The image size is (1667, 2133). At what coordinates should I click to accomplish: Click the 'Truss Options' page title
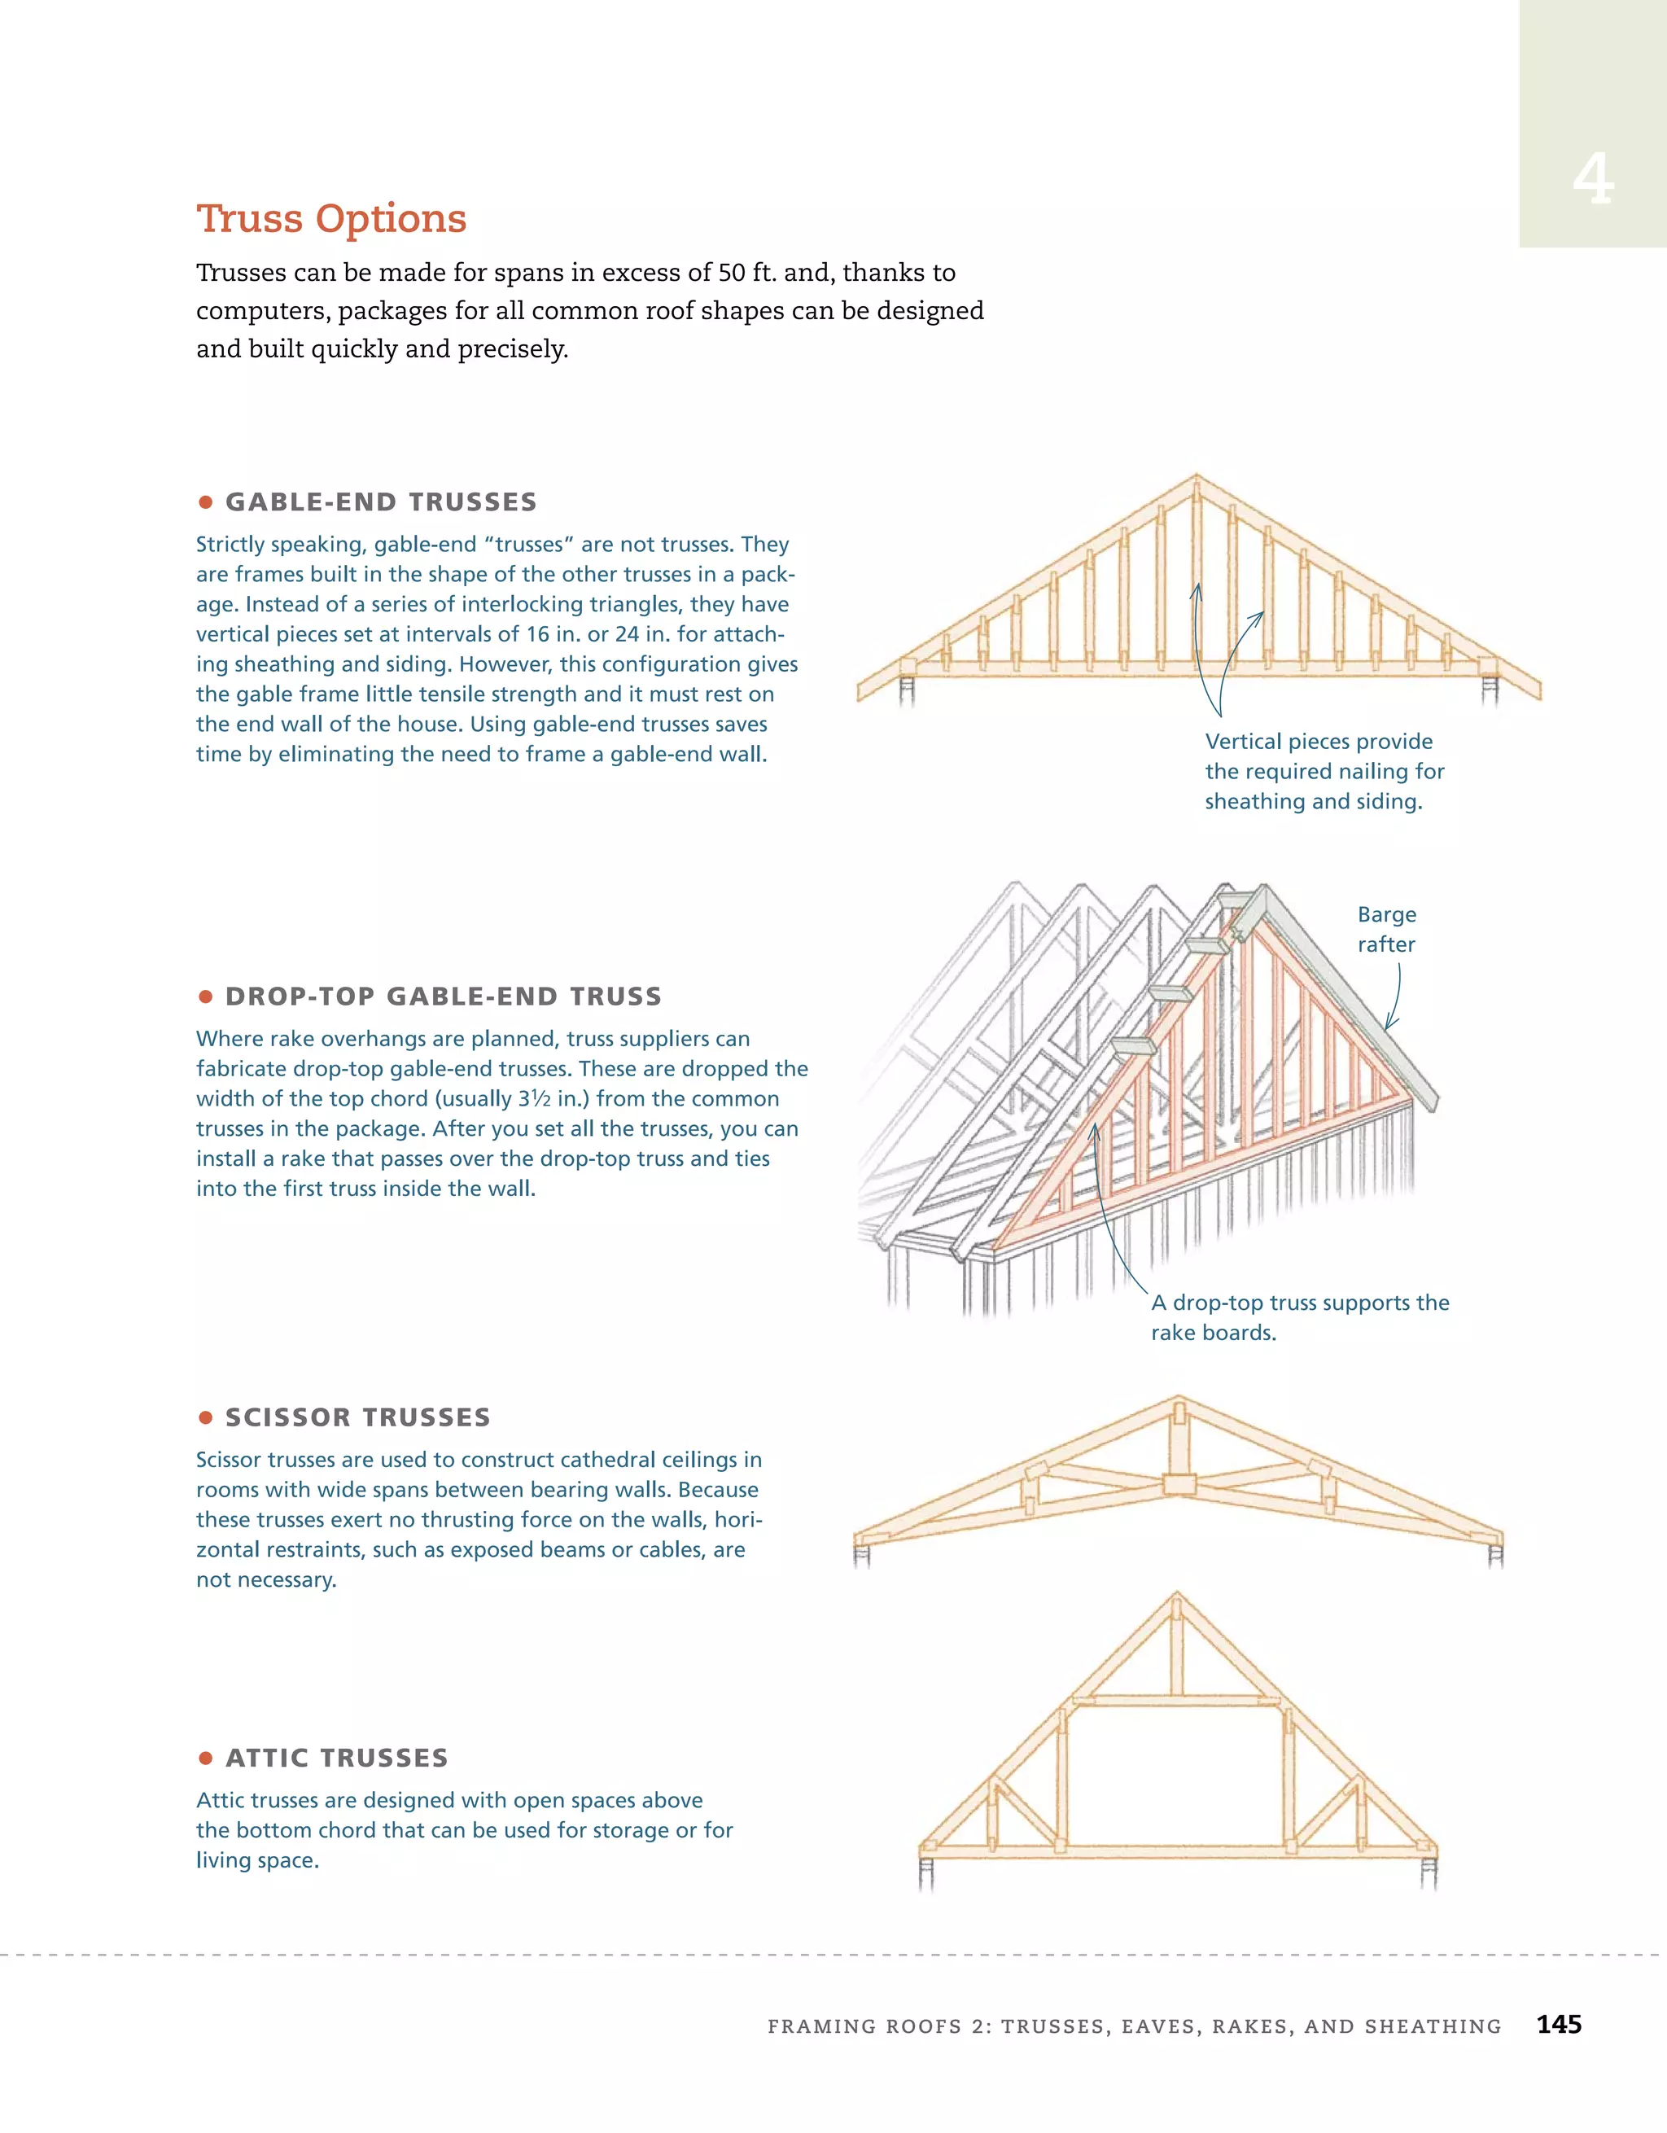(x=331, y=219)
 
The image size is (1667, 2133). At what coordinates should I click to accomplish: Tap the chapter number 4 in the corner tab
(x=1593, y=180)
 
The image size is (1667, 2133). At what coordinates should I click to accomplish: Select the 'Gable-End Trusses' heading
(x=381, y=502)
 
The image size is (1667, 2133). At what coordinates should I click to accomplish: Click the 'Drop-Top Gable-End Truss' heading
(x=444, y=996)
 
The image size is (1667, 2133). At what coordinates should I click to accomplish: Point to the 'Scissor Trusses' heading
(x=357, y=1417)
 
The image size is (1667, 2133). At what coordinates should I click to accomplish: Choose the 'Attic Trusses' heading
(x=337, y=1758)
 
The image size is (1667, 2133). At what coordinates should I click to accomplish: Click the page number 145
(x=1559, y=2025)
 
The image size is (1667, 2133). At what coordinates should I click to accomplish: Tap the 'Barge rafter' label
(x=1385, y=929)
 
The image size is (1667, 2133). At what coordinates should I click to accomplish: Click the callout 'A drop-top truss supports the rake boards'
(x=1299, y=1316)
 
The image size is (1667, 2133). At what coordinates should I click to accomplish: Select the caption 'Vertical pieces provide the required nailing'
(x=1324, y=771)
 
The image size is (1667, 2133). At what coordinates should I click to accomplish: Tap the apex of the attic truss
(x=1177, y=1596)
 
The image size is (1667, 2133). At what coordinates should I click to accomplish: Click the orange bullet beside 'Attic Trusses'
(x=205, y=1758)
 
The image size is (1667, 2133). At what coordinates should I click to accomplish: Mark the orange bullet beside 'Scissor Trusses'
(x=205, y=1417)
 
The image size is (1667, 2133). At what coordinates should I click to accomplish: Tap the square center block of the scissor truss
(x=1179, y=1483)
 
